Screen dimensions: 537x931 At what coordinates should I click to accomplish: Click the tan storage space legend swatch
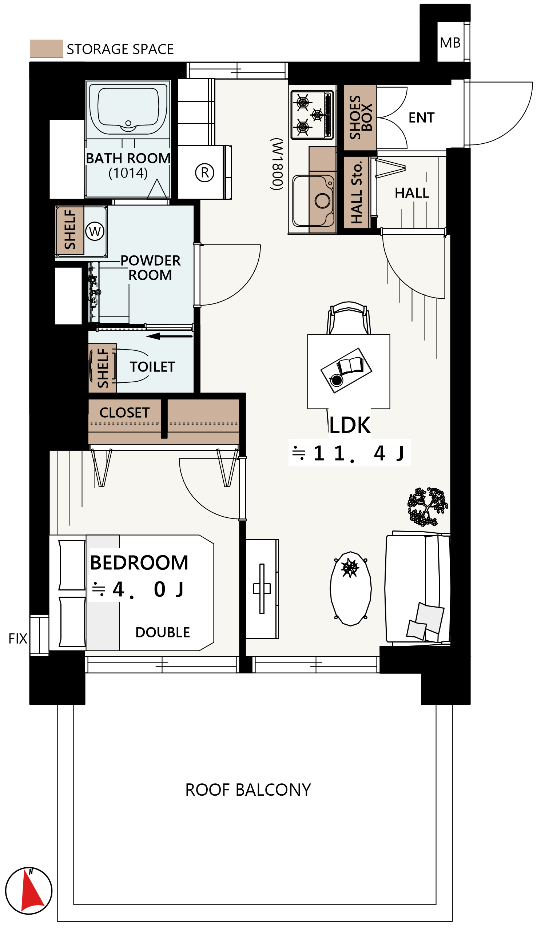(47, 49)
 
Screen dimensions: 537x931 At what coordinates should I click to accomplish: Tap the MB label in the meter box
(450, 43)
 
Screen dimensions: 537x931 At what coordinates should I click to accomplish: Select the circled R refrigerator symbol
(205, 172)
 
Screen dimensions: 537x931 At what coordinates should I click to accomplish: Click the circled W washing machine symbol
(95, 231)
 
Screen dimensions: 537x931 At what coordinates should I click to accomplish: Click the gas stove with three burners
(312, 115)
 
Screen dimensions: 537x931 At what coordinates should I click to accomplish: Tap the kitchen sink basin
(314, 201)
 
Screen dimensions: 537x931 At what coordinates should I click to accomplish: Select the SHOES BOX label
(360, 118)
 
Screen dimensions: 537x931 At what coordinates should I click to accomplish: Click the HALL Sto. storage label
(356, 192)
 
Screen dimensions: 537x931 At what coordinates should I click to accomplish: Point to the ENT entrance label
(422, 118)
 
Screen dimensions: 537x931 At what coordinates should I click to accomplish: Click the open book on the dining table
(350, 365)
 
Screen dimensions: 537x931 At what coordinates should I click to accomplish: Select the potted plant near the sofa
(427, 506)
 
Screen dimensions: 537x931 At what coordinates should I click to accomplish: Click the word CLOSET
(125, 413)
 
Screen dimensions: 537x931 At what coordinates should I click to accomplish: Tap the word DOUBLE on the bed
(163, 632)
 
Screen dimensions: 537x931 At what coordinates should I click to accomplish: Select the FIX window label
(18, 638)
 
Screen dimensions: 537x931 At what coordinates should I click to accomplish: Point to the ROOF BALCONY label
(248, 790)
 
